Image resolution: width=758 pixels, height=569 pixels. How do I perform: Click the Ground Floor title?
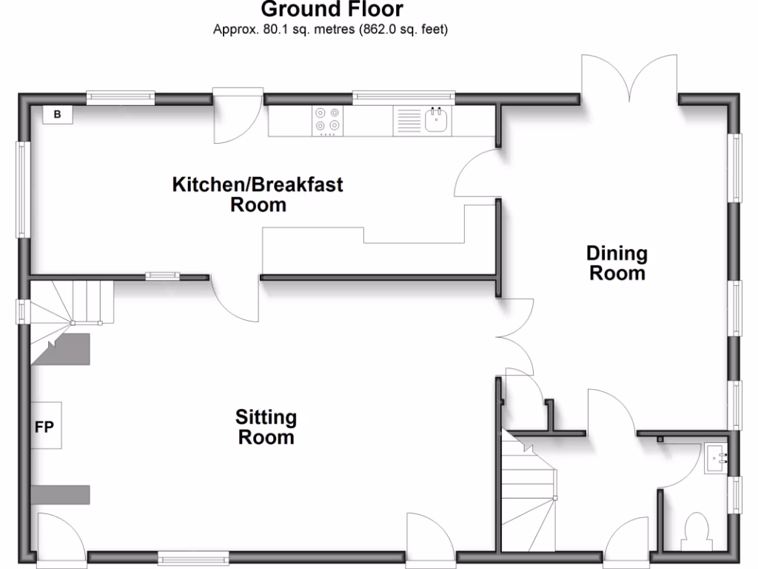(x=332, y=10)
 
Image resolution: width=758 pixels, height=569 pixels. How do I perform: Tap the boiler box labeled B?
(x=57, y=114)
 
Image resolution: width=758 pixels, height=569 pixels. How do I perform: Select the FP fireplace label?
(x=44, y=427)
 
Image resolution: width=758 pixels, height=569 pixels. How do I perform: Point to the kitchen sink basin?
(x=437, y=120)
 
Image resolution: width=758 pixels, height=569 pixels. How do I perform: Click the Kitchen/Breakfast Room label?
(x=258, y=194)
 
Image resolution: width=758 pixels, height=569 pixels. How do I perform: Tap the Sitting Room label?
(x=266, y=427)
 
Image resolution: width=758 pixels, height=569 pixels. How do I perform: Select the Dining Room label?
(x=617, y=263)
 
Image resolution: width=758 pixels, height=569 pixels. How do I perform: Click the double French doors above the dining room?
(x=629, y=78)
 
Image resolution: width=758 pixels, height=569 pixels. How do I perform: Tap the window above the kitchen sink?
(x=403, y=95)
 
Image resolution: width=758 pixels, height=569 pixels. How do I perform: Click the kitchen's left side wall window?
(x=21, y=189)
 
